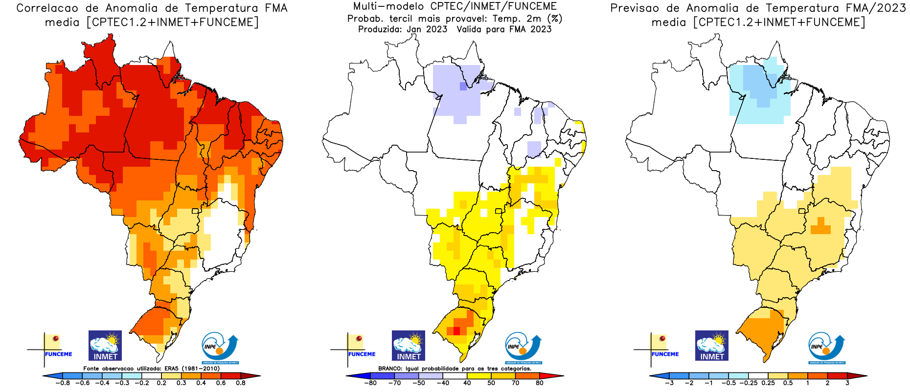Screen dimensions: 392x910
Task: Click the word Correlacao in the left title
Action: point(47,8)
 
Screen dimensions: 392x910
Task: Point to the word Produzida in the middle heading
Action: point(380,29)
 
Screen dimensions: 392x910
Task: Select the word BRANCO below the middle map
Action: point(390,369)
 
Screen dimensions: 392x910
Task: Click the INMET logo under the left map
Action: point(105,346)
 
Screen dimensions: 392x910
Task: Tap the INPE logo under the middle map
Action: point(523,348)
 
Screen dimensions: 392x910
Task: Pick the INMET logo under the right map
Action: point(712,346)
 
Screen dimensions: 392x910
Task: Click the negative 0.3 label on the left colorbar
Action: point(122,383)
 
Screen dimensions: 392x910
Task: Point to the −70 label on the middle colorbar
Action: point(394,383)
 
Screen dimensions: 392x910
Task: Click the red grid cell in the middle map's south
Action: point(456,331)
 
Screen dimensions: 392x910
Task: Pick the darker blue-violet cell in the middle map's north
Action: point(463,87)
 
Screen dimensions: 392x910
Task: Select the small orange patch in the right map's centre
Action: point(820,228)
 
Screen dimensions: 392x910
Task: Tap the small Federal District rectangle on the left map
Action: point(195,211)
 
